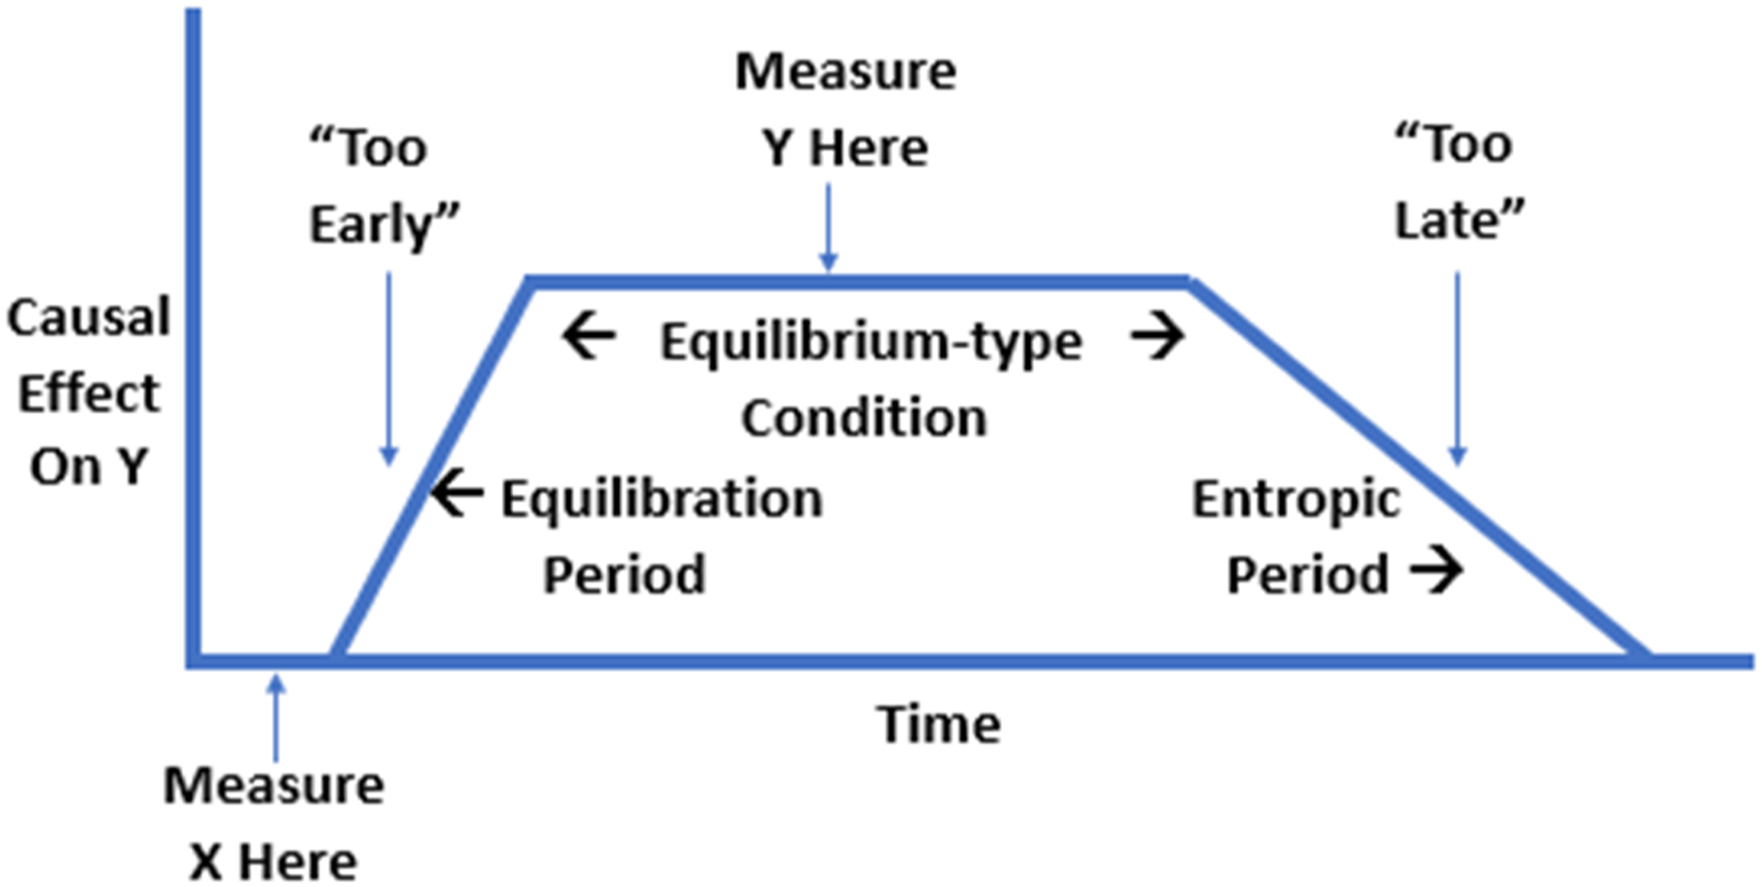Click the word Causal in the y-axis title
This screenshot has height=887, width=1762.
[x=89, y=317]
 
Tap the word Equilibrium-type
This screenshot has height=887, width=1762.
[x=871, y=342]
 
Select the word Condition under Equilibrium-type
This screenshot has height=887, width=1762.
[x=864, y=417]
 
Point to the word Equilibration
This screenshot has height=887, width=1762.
[x=662, y=500]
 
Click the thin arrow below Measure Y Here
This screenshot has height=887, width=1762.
[x=828, y=227]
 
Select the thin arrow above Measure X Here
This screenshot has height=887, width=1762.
[x=276, y=717]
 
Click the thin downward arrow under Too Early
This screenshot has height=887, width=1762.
[x=389, y=368]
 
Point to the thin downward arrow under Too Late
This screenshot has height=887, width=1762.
[x=1457, y=368]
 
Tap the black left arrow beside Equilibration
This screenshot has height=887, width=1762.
[x=457, y=493]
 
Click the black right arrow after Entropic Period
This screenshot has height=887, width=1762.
[x=1437, y=571]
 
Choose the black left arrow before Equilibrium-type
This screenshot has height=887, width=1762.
[x=589, y=337]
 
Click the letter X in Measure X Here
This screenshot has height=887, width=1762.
[x=206, y=862]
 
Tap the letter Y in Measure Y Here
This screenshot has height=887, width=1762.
[x=778, y=147]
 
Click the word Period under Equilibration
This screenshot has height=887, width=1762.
[x=624, y=576]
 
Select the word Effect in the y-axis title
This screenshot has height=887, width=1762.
[x=89, y=393]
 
